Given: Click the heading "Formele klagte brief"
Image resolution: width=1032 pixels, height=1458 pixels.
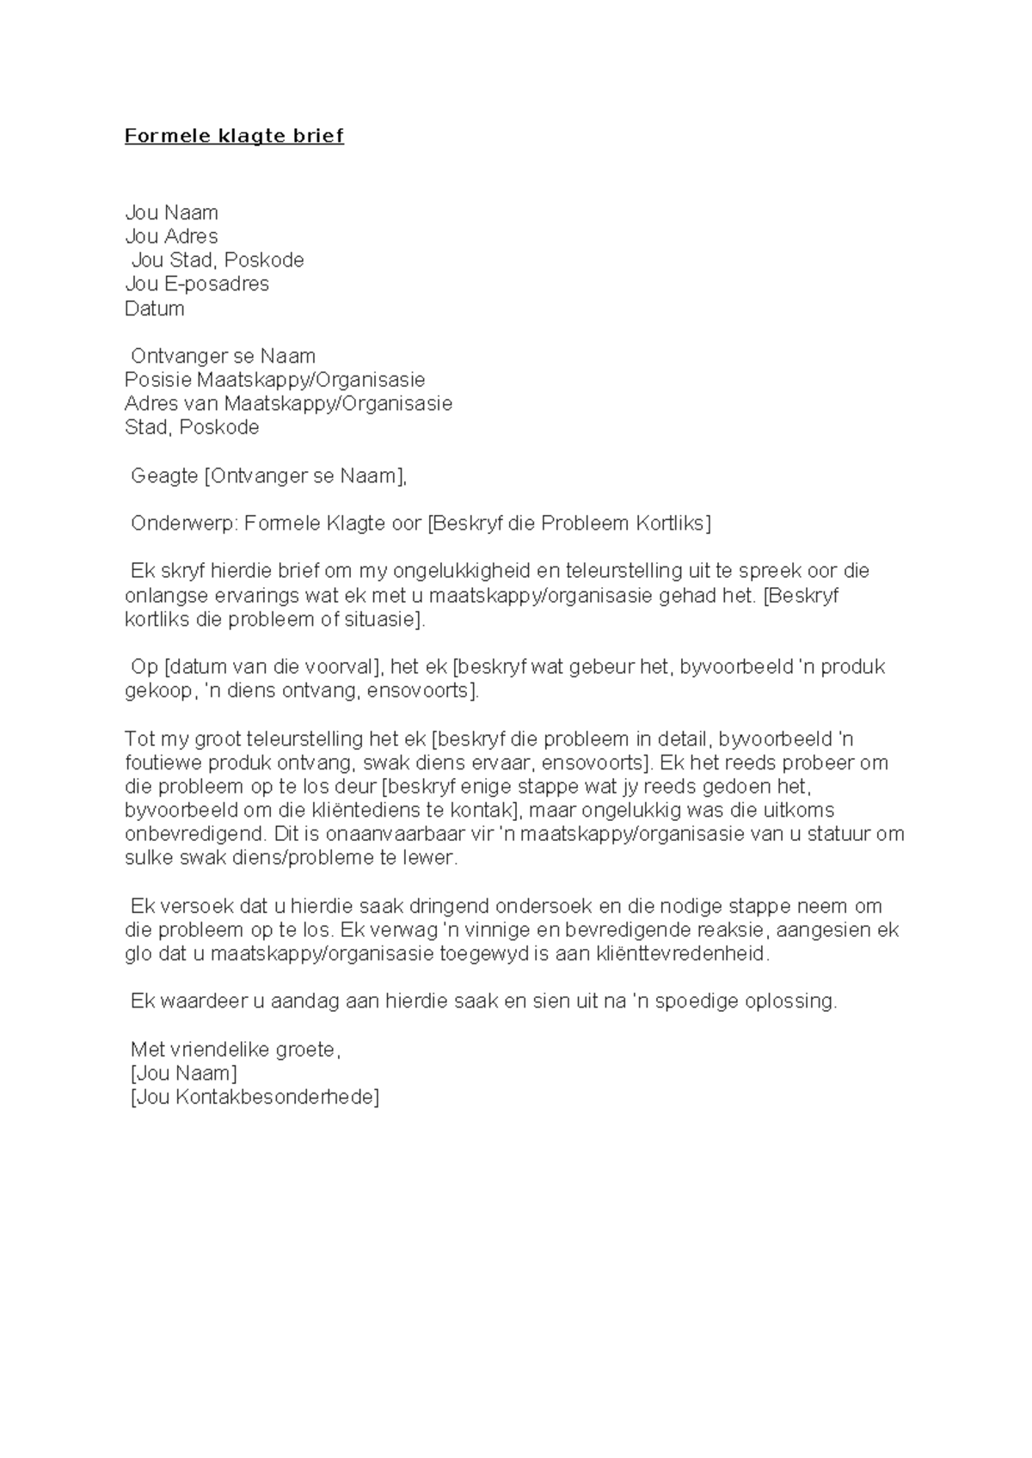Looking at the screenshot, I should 234,136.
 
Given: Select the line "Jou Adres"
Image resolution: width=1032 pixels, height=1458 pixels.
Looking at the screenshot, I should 171,236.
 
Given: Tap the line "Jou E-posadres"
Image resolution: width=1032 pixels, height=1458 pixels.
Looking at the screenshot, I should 197,284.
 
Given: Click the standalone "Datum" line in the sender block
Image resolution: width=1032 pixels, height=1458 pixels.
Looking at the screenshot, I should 155,309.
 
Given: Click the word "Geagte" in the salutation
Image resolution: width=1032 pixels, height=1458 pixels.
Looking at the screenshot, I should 164,475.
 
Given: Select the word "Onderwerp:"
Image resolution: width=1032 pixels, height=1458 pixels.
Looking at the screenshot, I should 185,524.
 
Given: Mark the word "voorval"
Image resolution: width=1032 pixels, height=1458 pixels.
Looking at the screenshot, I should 341,667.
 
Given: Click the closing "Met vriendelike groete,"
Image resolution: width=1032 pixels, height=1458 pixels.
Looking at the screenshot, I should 236,1050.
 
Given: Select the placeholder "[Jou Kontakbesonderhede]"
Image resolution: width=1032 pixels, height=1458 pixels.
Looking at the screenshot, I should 254,1098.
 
